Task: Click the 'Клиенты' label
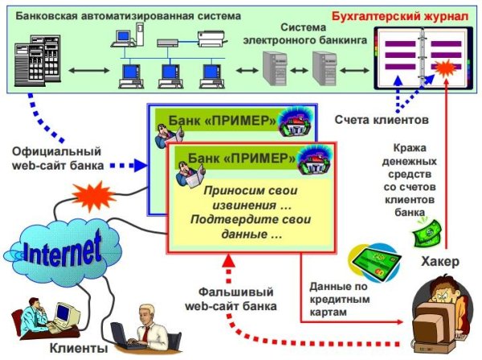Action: pyautogui.click(x=78, y=348)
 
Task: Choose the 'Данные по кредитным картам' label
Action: pyautogui.click(x=339, y=298)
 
